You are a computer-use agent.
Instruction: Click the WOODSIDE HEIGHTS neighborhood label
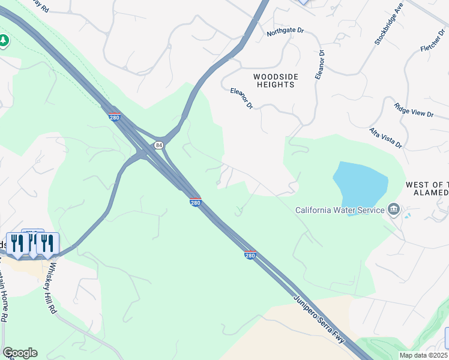click(x=274, y=80)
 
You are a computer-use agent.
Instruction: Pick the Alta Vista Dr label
click(x=385, y=138)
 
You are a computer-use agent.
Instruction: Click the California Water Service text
click(x=340, y=210)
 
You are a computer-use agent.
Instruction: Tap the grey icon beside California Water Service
click(x=394, y=209)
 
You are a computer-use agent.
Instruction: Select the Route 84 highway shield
click(x=158, y=145)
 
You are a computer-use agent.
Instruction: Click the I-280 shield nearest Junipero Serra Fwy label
click(x=250, y=255)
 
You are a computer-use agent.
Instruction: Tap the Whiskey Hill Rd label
click(x=52, y=290)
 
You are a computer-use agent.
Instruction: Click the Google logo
click(x=20, y=352)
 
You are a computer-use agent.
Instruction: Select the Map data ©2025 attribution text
click(x=424, y=355)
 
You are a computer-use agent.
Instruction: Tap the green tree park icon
click(x=4, y=41)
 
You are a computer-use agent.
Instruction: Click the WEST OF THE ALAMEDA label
click(x=426, y=188)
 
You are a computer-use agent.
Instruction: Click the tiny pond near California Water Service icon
click(x=408, y=215)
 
